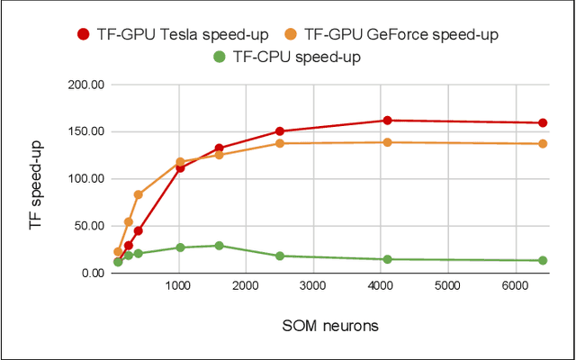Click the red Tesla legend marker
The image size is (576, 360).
click(84, 35)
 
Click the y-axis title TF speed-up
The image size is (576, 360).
click(37, 178)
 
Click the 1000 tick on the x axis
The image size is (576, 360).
click(179, 287)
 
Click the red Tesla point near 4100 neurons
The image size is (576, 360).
click(387, 120)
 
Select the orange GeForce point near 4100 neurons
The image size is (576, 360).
click(387, 142)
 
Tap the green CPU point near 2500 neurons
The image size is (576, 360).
click(280, 256)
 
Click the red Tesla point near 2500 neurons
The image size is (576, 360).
click(280, 131)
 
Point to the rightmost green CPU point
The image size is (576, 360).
click(543, 261)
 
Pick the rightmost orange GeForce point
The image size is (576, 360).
click(543, 144)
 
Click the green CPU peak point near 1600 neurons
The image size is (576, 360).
click(219, 245)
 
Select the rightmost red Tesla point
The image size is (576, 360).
click(543, 122)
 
